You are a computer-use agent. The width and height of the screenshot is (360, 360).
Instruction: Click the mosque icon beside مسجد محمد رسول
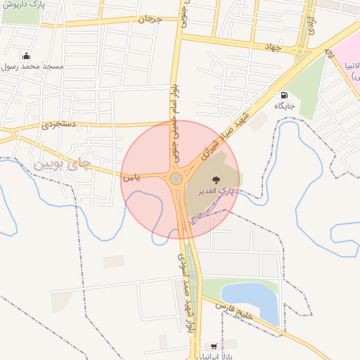pyautogui.click(x=27, y=56)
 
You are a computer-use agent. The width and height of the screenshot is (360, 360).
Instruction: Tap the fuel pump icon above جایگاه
pyautogui.click(x=284, y=95)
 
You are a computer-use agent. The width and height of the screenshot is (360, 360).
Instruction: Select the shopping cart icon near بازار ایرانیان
pyautogui.click(x=213, y=347)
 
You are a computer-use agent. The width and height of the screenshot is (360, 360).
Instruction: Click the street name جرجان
pyautogui.click(x=150, y=19)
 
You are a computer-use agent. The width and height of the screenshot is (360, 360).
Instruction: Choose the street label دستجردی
pyautogui.click(x=58, y=124)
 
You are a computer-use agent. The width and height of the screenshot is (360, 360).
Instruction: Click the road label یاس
pyautogui.click(x=131, y=178)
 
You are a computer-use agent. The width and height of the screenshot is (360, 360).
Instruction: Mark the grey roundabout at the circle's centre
pyautogui.click(x=176, y=179)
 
